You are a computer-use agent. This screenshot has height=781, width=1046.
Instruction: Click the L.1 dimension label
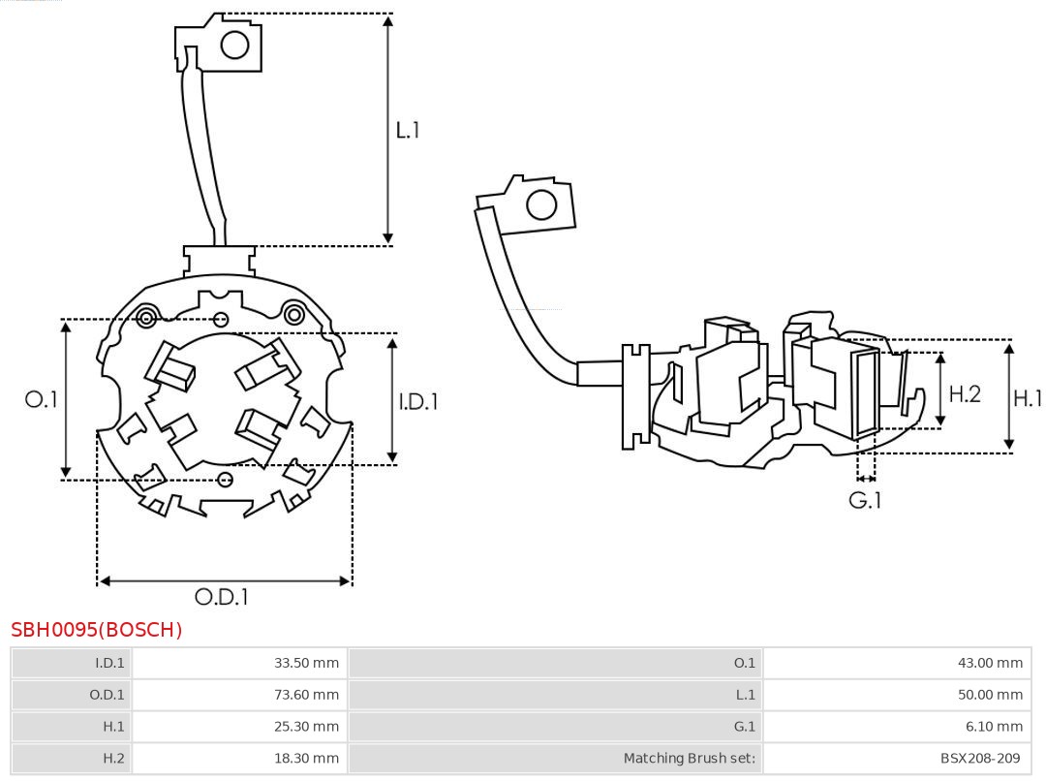coord(408,130)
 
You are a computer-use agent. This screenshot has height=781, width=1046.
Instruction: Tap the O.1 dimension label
coord(41,399)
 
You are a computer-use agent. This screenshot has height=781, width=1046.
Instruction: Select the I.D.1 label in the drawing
coord(418,401)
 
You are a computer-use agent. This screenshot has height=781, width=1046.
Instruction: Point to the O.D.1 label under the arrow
coord(221,598)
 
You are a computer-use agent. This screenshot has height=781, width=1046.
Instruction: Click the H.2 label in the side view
coord(964,393)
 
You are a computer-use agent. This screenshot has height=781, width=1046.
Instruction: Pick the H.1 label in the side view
coord(1027,397)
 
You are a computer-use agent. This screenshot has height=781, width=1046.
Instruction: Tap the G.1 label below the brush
coord(865,501)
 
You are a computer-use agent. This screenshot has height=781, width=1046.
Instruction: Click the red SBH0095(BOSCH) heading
coord(97,630)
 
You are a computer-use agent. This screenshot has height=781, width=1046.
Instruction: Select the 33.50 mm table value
coord(306,664)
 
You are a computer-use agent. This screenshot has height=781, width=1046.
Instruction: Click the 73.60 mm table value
coord(306,695)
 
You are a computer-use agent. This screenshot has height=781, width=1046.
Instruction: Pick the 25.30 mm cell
coord(306,727)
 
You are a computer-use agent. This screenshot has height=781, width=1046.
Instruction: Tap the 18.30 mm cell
coord(306,758)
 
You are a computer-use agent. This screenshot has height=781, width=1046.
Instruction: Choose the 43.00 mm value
coord(990,664)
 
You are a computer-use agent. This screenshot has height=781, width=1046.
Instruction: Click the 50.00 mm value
coord(990,695)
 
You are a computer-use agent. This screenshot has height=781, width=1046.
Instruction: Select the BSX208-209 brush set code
coord(980,758)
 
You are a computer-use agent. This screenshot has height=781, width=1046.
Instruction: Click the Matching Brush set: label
coord(689,758)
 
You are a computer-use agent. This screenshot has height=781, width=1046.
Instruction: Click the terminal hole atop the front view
coord(235,45)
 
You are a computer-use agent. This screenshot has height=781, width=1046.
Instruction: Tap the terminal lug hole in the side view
coord(540,205)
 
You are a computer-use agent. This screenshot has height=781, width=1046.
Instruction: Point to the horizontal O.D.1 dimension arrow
coord(225,580)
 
